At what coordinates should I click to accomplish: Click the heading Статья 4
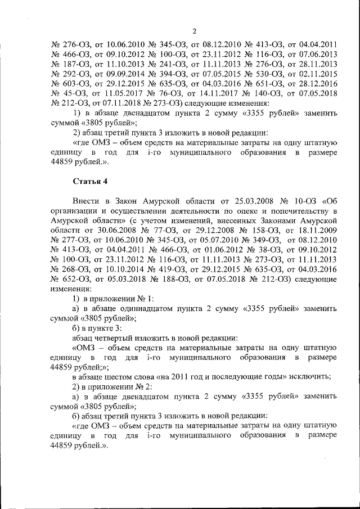pyautogui.click(x=89, y=181)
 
